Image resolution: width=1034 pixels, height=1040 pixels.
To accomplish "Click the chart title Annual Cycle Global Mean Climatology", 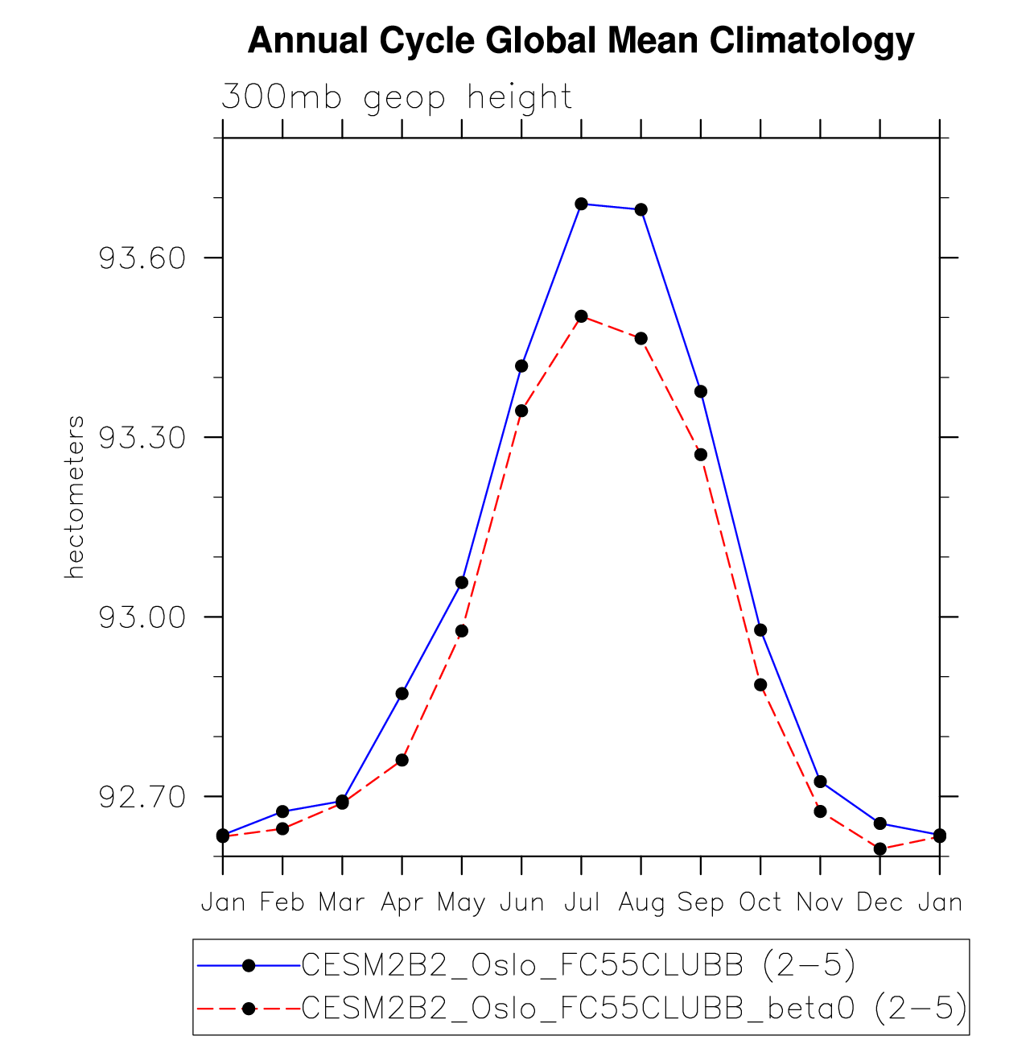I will point(581,40).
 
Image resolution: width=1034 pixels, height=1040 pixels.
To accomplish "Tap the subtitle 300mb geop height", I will point(397,97).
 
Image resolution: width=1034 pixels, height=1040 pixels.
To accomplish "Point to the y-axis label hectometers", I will point(75,497).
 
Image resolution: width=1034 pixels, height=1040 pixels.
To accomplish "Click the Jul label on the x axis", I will point(581,902).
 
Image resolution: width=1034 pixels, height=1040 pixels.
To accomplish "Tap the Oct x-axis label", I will point(760,902).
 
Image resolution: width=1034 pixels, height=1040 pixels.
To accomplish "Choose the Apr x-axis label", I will point(402,902).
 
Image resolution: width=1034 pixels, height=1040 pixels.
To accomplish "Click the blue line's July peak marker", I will point(581,204).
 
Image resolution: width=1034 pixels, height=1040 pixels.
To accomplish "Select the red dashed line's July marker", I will point(581,316).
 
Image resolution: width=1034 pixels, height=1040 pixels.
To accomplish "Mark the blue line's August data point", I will point(641,210).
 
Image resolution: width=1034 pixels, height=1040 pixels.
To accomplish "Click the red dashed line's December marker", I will point(880,848).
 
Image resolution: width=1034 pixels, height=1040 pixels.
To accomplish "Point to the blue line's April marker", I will point(402,693).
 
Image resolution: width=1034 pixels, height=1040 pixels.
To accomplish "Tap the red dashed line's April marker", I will point(402,760).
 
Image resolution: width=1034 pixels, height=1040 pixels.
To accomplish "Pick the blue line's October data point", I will point(760,629).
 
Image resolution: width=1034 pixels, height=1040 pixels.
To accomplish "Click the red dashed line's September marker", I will point(701,455).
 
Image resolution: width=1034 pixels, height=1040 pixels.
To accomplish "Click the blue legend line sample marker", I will point(249,965).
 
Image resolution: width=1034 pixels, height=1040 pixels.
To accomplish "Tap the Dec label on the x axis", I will point(880,902).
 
